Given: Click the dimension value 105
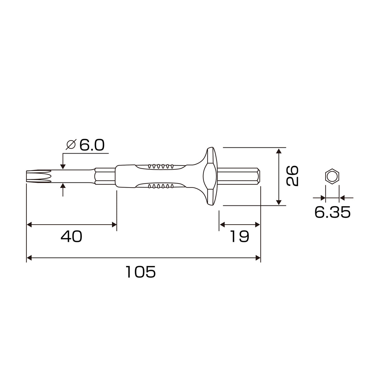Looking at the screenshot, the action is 140,272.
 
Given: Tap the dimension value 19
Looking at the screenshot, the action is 239,236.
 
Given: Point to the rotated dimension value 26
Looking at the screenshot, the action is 292,176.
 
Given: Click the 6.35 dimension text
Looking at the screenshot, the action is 333,212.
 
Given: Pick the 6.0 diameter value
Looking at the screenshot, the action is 92,145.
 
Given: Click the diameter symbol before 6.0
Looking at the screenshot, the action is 71,145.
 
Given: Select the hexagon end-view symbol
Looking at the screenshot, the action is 332,176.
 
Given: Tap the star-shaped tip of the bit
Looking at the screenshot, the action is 39,176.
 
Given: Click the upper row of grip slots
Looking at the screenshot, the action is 161,166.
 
